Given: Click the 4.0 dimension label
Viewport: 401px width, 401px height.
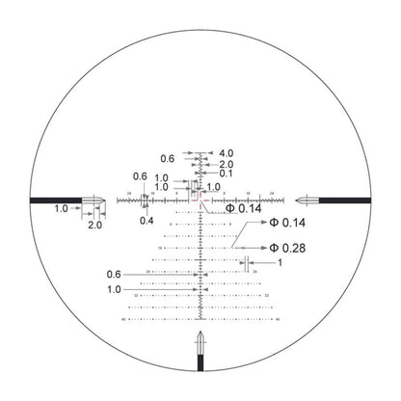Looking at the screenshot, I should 227,153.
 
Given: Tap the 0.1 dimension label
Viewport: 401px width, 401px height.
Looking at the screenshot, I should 225,174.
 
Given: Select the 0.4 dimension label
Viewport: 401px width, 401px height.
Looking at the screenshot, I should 146,220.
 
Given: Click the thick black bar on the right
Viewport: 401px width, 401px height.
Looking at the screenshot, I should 343,200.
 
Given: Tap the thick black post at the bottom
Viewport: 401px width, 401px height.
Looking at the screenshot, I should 200,370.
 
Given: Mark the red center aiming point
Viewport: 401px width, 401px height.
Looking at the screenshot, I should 200,200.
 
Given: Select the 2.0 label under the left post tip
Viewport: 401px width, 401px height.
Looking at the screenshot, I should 94,225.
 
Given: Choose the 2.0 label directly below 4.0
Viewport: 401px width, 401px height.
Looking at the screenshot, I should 227,165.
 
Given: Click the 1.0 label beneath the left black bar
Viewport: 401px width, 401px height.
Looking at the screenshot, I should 62,209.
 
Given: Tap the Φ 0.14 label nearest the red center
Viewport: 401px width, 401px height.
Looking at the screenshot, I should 244,208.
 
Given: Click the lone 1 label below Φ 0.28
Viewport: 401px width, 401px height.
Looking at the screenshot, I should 279,262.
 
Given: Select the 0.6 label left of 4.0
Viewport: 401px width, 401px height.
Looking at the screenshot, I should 168,158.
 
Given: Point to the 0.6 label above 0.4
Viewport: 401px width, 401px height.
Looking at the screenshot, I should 140,176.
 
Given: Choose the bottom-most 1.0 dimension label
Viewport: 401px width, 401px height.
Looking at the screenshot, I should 116,289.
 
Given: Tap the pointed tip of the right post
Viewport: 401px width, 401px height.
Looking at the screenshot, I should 299,200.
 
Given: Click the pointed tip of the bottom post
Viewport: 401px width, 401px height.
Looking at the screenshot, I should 200,333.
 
